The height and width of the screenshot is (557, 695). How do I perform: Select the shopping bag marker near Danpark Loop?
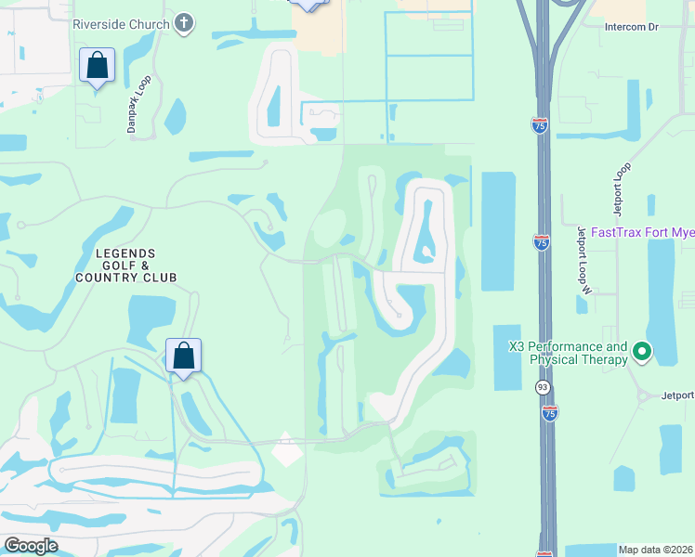click(x=97, y=66)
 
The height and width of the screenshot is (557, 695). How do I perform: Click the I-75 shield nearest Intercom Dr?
click(x=540, y=124)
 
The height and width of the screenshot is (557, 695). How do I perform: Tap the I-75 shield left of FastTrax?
click(x=542, y=241)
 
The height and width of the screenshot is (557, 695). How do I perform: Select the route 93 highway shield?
click(x=542, y=385)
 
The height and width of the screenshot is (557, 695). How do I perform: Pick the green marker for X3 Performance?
click(x=641, y=352)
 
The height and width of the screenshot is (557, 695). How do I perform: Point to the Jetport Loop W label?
click(x=584, y=259)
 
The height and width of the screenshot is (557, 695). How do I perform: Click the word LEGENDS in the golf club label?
click(x=125, y=253)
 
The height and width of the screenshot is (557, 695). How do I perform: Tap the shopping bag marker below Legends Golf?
click(x=184, y=356)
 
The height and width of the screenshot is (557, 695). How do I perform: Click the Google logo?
click(x=31, y=546)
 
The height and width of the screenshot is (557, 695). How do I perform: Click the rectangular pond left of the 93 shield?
click(x=506, y=356)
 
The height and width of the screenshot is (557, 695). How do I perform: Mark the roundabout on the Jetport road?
click(x=643, y=396)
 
